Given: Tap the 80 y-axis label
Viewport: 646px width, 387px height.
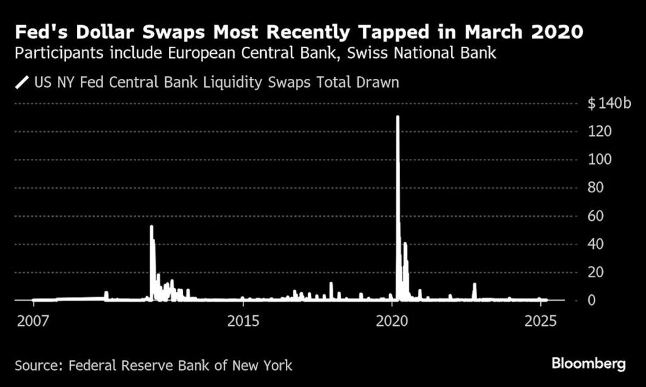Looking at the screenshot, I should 596,188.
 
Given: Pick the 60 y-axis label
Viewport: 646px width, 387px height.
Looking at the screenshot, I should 596,216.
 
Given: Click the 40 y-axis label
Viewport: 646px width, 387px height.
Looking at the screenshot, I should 596,244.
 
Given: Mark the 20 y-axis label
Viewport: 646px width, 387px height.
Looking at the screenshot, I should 596,272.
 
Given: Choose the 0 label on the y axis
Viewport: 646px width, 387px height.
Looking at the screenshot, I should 592,301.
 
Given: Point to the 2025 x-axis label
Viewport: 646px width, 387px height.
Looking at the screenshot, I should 541,320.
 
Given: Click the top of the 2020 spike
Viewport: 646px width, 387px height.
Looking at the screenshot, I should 397,117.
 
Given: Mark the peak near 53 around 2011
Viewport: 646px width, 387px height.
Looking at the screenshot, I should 151,226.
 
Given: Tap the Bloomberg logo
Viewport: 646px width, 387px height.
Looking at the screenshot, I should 589,364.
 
